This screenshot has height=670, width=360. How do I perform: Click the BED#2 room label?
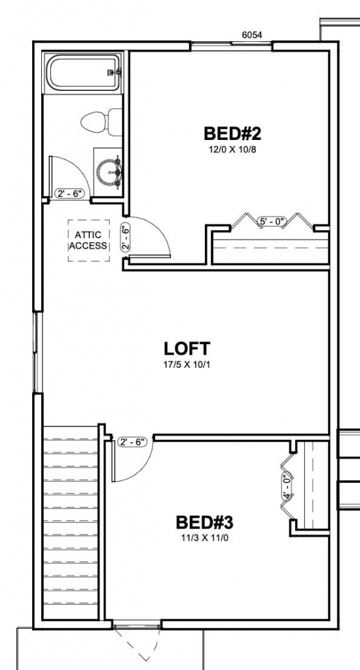(x=232, y=133)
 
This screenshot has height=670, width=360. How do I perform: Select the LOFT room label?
(x=187, y=349)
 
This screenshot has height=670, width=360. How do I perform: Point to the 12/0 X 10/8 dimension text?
(x=232, y=150)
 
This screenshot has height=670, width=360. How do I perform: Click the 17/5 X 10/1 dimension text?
(x=187, y=365)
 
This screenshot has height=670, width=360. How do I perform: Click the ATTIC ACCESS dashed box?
(x=88, y=241)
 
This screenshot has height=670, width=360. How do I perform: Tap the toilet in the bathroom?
(x=101, y=122)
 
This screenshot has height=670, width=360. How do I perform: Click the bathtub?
(x=83, y=73)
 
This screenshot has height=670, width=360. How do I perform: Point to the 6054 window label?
(x=252, y=35)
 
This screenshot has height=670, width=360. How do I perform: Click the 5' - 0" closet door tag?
(x=272, y=221)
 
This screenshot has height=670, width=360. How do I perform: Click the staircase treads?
(x=71, y=521)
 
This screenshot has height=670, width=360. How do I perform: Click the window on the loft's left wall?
(x=37, y=353)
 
